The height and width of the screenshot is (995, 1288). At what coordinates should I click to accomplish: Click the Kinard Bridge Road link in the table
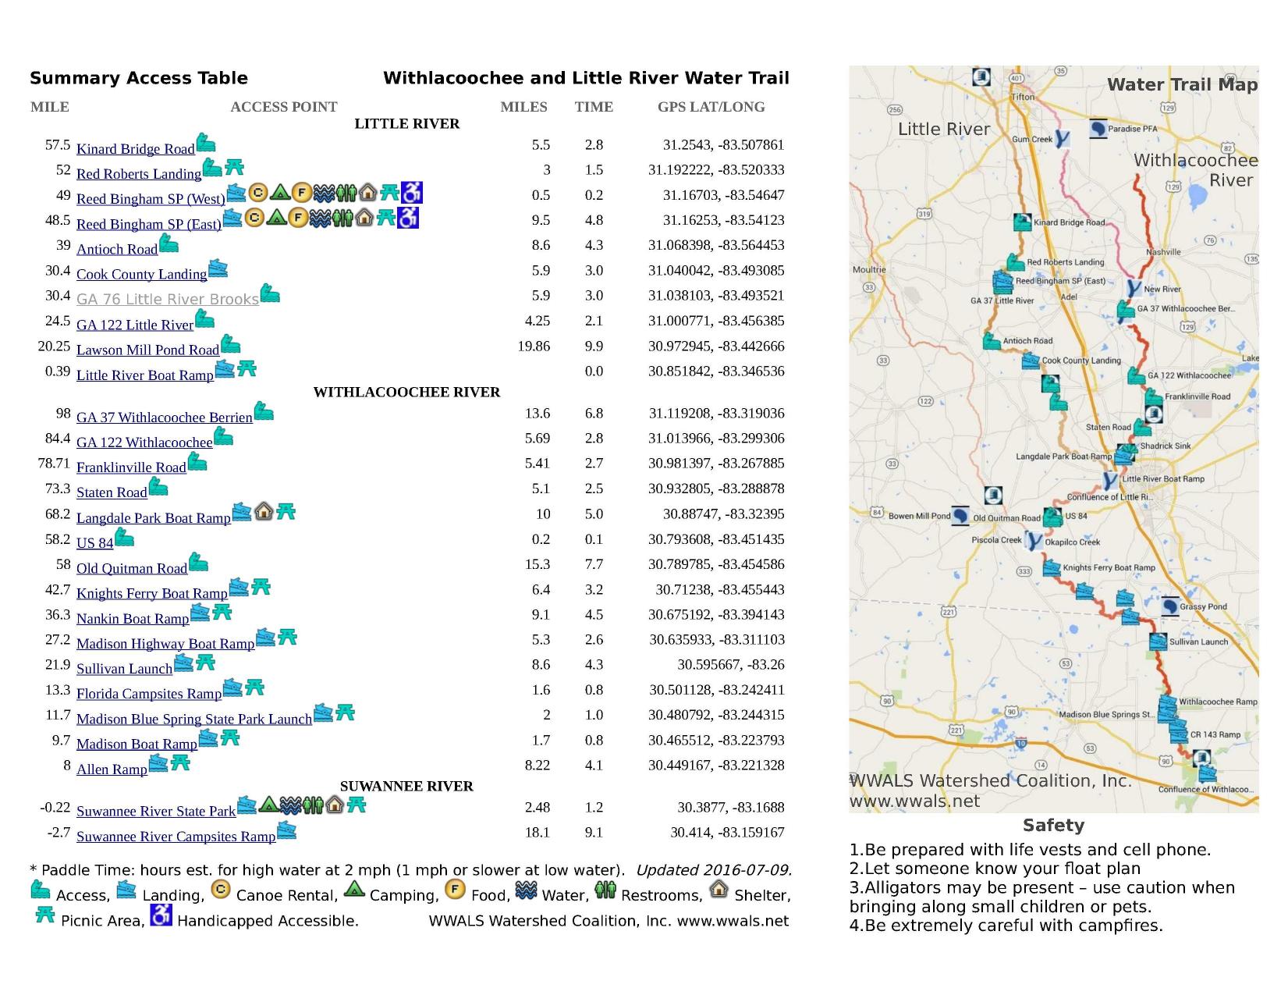point(135,149)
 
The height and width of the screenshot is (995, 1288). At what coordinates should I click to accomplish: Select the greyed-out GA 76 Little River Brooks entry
point(167,299)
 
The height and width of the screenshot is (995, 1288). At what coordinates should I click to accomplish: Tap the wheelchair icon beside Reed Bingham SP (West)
point(411,192)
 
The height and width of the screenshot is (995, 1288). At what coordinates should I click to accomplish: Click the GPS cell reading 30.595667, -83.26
point(730,664)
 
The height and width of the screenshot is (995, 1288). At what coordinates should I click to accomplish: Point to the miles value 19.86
point(534,346)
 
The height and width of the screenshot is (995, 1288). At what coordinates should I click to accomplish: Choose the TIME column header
point(594,107)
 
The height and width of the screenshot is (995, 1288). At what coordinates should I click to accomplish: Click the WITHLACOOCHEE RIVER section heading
point(406,392)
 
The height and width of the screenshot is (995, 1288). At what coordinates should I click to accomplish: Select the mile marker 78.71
point(54,463)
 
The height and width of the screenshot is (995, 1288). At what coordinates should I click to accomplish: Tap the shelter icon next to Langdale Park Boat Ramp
point(264,510)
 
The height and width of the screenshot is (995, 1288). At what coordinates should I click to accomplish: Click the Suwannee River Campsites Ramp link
point(176,836)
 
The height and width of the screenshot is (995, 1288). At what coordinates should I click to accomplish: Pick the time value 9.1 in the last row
point(594,833)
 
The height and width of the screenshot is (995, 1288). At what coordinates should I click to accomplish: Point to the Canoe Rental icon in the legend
point(221,890)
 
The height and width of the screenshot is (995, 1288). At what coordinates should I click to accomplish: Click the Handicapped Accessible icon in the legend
point(161,915)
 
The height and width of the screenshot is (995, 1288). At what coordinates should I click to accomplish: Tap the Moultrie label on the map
point(869,270)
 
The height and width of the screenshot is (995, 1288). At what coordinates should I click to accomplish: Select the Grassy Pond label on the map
point(1203,606)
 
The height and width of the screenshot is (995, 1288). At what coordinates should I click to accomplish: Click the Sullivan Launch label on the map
point(1198,641)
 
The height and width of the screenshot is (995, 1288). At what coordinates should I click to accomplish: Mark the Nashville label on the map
point(1163,252)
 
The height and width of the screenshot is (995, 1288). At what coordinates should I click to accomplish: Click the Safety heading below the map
point(1053,825)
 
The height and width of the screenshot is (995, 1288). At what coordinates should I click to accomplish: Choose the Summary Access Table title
point(139,78)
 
